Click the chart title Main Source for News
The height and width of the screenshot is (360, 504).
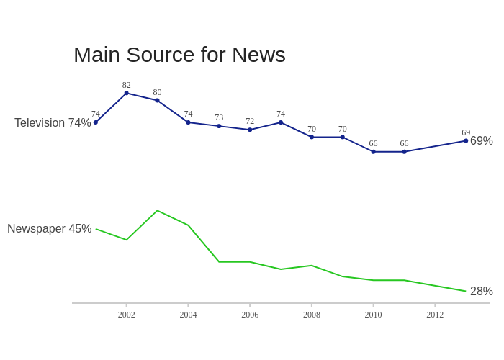[179, 55]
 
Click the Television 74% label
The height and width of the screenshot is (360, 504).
[53, 123]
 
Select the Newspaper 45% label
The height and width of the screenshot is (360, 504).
[50, 229]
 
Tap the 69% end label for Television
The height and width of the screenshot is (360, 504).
[481, 141]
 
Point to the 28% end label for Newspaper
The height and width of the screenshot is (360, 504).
[481, 292]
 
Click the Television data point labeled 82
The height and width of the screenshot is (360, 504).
[127, 93]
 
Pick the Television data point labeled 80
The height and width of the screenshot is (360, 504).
[157, 100]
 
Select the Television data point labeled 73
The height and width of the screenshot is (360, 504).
[219, 126]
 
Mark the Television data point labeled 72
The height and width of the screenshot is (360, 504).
[250, 130]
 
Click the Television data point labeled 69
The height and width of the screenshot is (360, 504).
[466, 140]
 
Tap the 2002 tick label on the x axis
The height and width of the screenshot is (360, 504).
[127, 315]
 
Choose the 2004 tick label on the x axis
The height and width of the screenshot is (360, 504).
[188, 315]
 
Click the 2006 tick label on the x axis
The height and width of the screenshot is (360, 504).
[250, 315]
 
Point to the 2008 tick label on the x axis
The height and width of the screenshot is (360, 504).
[312, 315]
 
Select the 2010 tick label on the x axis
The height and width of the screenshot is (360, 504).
[373, 315]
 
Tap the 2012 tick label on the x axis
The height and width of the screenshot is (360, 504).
[435, 315]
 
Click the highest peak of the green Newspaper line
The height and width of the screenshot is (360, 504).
[157, 211]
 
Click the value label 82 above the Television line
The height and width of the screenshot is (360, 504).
[127, 85]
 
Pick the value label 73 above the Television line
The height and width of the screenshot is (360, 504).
[219, 117]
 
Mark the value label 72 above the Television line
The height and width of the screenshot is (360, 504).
[250, 121]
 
